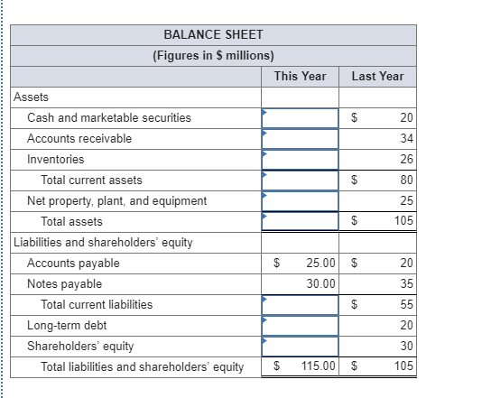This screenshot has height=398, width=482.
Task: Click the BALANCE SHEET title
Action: click(x=213, y=34)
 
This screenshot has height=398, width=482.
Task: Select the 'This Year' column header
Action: click(x=300, y=76)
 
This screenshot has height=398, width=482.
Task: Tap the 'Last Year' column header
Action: click(x=377, y=76)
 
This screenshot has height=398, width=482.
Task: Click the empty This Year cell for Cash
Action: click(x=301, y=117)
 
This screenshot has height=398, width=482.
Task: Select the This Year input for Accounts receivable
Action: click(x=301, y=138)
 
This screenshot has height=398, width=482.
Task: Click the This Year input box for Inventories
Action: click(x=301, y=159)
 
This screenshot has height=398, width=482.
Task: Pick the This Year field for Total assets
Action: click(x=301, y=221)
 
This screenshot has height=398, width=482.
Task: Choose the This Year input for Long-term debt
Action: click(x=301, y=325)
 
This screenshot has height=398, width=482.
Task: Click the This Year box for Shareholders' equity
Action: click(x=301, y=346)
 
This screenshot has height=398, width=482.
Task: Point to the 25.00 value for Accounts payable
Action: click(x=321, y=263)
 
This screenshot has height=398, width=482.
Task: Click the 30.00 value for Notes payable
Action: click(x=321, y=283)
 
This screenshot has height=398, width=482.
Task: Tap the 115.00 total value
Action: click(x=319, y=366)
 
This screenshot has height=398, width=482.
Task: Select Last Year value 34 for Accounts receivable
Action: click(x=406, y=138)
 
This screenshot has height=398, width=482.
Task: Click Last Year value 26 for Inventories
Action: click(x=406, y=159)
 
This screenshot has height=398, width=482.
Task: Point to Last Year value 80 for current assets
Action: click(x=406, y=180)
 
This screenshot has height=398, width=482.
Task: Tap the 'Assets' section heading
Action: click(x=32, y=97)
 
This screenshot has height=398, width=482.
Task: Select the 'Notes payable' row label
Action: click(x=64, y=283)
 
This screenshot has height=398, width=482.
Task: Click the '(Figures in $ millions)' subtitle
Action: click(x=213, y=55)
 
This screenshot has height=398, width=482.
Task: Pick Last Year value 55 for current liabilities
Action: click(x=406, y=304)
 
